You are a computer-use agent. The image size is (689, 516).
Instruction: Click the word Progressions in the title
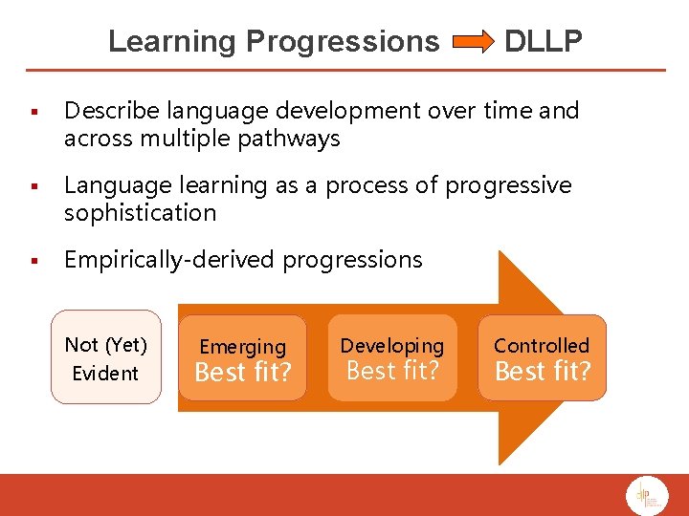coord(342,42)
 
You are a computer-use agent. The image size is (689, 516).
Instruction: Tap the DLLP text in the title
coord(543,42)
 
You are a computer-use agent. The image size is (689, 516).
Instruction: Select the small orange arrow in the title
coord(471,42)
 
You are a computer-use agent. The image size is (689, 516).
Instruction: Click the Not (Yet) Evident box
coord(106,357)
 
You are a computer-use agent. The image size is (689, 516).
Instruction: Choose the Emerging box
coord(243,358)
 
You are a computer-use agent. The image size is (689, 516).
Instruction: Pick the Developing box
coord(392,357)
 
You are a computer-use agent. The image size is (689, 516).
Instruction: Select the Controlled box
coord(542,357)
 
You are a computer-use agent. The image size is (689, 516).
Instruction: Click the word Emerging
coord(243,347)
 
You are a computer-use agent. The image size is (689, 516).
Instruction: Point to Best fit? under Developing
coord(392,371)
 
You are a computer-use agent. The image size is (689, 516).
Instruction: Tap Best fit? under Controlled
coord(542,371)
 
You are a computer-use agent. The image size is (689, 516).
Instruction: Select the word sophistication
coord(140,212)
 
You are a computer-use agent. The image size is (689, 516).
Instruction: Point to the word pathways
coord(292,139)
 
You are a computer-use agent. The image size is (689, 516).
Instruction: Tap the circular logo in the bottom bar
coord(646,496)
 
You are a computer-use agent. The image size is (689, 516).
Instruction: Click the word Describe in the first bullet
coord(106,111)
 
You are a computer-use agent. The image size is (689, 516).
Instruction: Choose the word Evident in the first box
coord(105,373)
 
